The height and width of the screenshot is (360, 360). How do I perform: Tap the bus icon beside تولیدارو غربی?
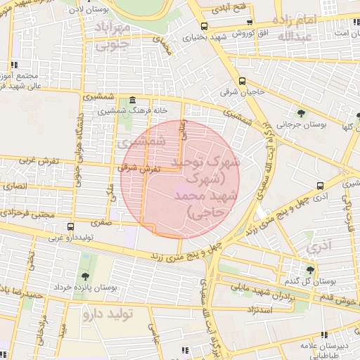(x=70, y=226)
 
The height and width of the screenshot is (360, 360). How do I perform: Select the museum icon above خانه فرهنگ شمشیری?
(x=134, y=100)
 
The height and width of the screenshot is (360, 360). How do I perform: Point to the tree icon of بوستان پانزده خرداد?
(x=85, y=276)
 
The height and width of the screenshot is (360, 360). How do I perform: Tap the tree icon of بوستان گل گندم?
(x=311, y=269)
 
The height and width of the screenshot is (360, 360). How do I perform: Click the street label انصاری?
(x=14, y=186)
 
